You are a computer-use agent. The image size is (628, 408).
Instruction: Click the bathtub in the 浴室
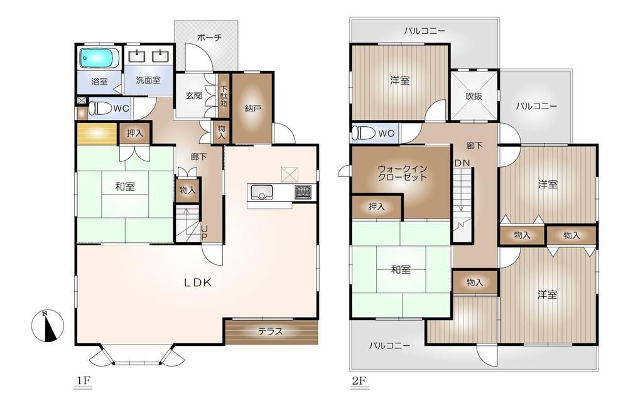click(x=99, y=58)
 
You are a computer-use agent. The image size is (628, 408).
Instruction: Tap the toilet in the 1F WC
click(x=100, y=109)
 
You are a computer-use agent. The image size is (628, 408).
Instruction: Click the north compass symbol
click(x=48, y=326)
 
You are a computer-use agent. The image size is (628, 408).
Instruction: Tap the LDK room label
click(x=197, y=282)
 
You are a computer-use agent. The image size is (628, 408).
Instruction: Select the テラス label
click(x=270, y=331)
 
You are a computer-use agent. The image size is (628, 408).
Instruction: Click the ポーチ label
click(x=209, y=38)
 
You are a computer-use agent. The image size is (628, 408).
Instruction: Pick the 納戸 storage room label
click(x=252, y=108)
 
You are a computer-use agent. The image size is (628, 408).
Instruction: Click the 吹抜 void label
click(x=474, y=96)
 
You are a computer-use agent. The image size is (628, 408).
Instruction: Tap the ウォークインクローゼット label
click(x=402, y=173)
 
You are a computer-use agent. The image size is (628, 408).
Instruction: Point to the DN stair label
click(x=462, y=163)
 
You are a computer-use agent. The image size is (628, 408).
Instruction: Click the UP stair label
click(x=204, y=233)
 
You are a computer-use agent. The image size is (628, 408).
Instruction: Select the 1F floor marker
click(x=82, y=381)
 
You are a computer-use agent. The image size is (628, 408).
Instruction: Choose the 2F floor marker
click(x=359, y=381)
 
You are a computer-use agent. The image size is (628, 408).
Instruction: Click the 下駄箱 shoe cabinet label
click(x=224, y=97)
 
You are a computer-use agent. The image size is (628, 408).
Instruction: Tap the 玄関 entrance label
click(x=193, y=95)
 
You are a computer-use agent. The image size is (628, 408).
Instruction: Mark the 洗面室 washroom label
click(x=148, y=80)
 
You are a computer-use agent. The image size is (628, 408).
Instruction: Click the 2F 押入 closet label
click(x=376, y=207)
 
